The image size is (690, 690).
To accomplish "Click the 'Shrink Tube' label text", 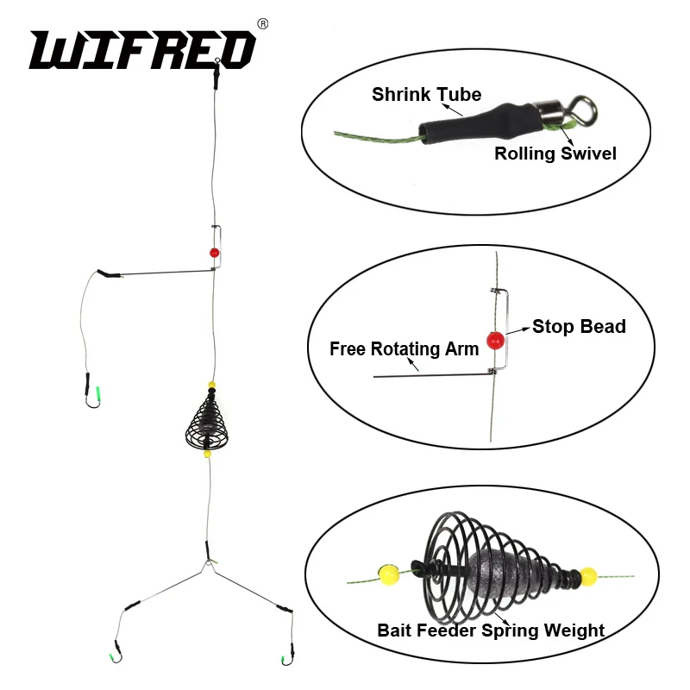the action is [426, 94].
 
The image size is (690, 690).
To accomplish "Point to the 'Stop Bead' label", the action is [579, 326].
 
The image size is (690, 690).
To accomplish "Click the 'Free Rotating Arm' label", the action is [404, 349].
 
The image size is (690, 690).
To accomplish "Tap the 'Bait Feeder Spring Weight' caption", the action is [491, 630].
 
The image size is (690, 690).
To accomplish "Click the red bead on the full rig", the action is [213, 253].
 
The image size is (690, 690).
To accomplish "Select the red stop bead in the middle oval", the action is [495, 339].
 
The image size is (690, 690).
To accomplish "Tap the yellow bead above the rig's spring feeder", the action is [210, 386].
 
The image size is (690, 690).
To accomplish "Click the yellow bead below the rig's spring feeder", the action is [208, 454].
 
